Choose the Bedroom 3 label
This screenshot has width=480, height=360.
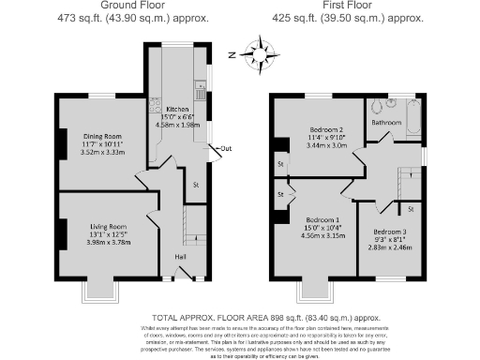[x=389, y=231]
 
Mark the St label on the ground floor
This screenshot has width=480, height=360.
[x=195, y=185]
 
